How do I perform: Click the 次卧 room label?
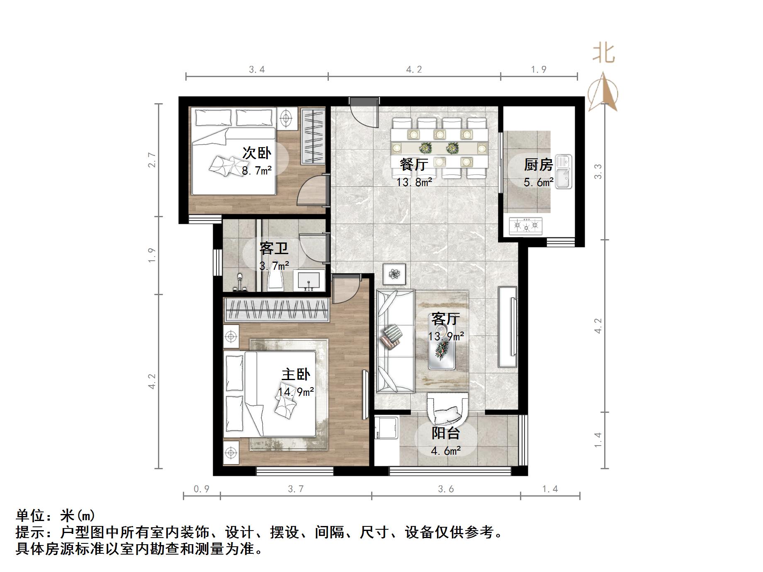(257, 153)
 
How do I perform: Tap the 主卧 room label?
(296, 375)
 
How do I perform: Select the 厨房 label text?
(538, 165)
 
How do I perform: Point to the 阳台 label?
(446, 434)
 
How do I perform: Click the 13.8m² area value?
(414, 182)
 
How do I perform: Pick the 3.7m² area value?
(274, 265)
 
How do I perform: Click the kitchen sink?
(564, 171)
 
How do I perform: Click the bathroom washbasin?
(309, 281)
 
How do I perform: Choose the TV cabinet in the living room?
(508, 327)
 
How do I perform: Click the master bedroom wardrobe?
(276, 310)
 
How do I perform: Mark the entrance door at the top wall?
(364, 102)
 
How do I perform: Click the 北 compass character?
(603, 54)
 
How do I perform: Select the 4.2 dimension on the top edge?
(414, 69)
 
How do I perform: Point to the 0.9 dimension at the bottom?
(202, 489)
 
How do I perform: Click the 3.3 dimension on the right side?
(598, 172)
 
